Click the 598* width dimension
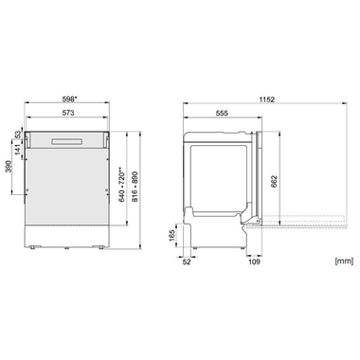(x=69, y=98)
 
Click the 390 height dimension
(x=10, y=168)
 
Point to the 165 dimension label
(x=171, y=234)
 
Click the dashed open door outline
(x=303, y=224)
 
